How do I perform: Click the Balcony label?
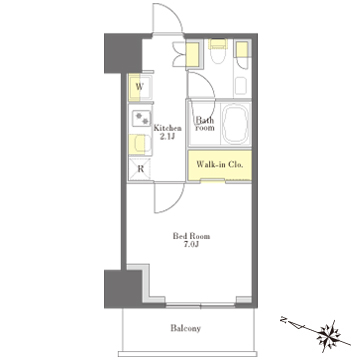tap(186, 328)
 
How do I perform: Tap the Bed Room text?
tap(191, 236)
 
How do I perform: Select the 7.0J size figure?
tap(192, 244)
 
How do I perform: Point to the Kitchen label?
tap(167, 128)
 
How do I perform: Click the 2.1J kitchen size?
tap(169, 136)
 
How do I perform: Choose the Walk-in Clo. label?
tap(219, 164)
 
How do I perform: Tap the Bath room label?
tap(205, 124)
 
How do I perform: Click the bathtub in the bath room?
tap(236, 124)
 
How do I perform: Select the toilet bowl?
tap(218, 55)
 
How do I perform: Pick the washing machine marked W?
tap(141, 88)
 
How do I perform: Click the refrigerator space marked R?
tap(140, 169)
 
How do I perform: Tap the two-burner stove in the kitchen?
tap(141, 119)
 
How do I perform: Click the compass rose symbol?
tap(328, 334)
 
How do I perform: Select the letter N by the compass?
tap(283, 320)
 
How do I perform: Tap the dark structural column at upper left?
tap(123, 53)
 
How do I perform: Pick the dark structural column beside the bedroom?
tap(123, 289)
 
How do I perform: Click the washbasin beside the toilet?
tap(241, 86)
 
